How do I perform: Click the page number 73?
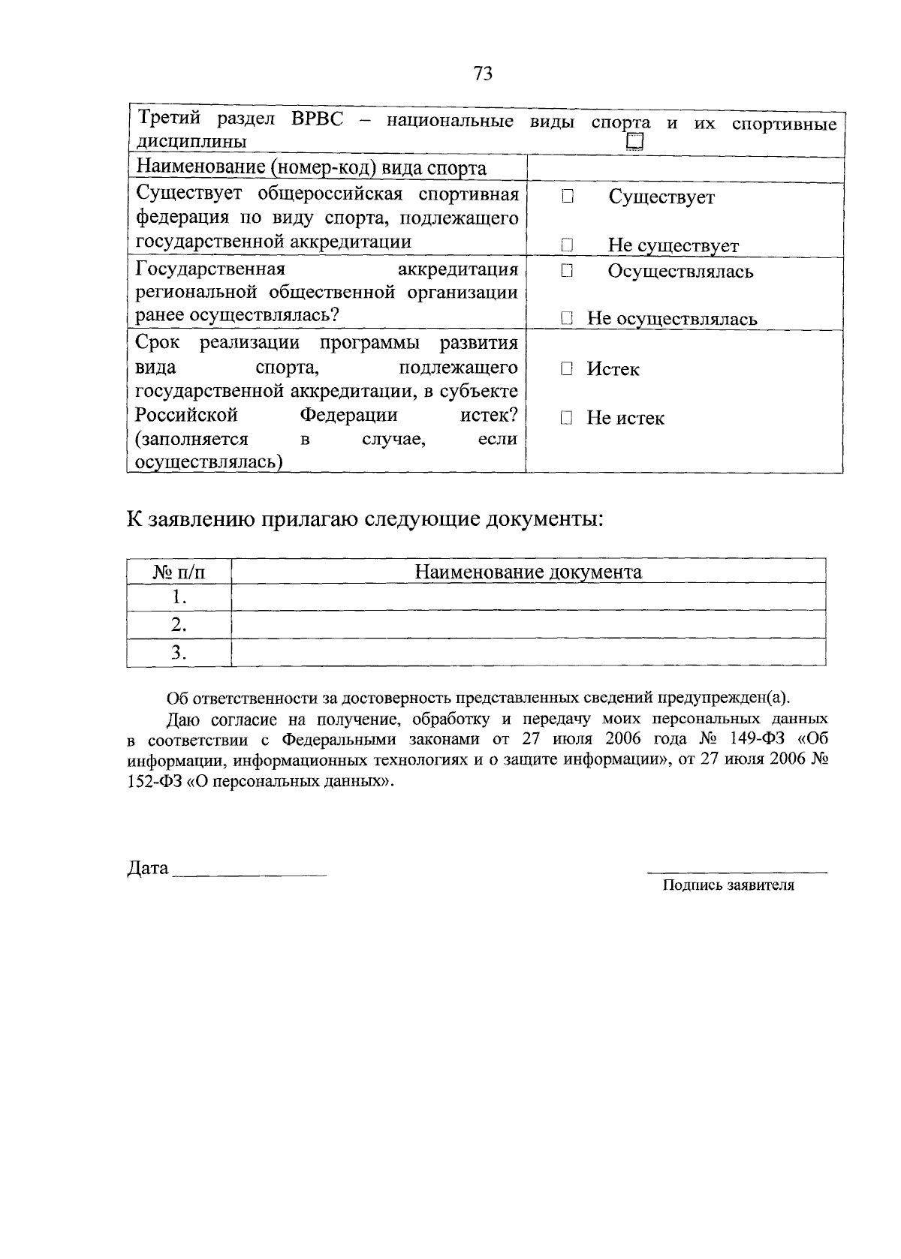pos(483,73)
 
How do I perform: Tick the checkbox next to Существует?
pos(567,197)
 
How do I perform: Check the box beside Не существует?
pos(567,245)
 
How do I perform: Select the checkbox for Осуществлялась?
pos(567,271)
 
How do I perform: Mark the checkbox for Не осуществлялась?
pos(567,319)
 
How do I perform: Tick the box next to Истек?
pos(567,369)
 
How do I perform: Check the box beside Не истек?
pos(567,418)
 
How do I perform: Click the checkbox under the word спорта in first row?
pos(635,142)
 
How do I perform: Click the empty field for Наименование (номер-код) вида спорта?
pos(685,168)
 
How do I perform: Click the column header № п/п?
pos(179,572)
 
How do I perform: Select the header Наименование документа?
pos(529,572)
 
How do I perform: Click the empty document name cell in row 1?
pos(529,598)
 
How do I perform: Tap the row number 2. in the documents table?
pos(179,625)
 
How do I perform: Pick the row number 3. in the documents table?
pos(179,653)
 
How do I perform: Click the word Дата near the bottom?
pos(148,868)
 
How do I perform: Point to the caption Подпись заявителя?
pos(728,885)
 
